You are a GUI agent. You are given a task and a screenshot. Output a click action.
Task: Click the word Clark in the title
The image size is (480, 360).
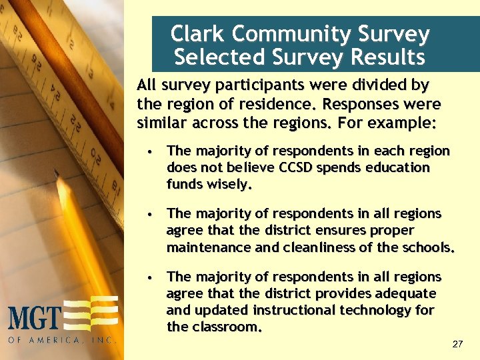[193, 34]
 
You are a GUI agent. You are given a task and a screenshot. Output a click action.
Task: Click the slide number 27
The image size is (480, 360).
[457, 344]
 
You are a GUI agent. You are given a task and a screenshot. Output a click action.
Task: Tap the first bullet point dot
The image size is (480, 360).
[153, 151]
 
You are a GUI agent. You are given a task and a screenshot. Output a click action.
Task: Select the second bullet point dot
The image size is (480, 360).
[153, 214]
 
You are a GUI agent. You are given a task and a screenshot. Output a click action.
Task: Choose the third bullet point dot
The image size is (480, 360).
[153, 277]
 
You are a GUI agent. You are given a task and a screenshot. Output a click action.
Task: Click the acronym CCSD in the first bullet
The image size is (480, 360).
[305, 167]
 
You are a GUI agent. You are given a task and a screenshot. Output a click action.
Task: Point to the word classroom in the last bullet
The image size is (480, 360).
[226, 327]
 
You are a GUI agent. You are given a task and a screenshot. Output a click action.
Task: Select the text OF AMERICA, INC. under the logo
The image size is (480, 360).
[62, 339]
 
